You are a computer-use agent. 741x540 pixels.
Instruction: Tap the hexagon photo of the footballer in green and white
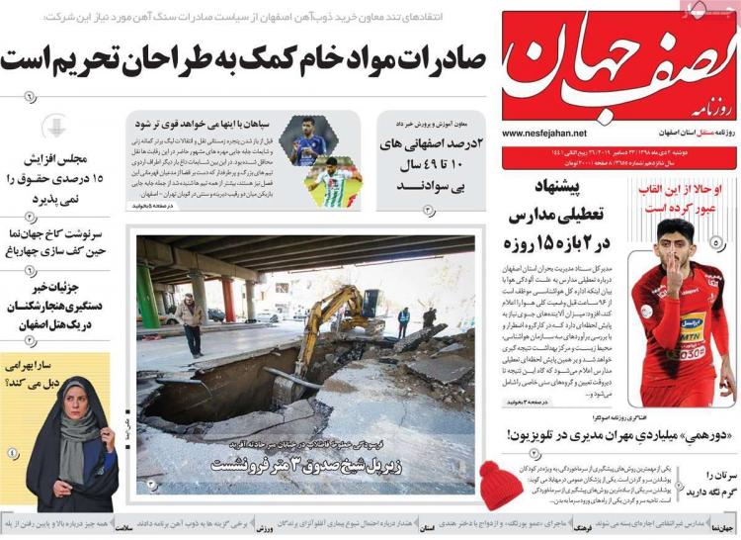330,182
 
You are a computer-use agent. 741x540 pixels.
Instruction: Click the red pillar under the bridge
228,298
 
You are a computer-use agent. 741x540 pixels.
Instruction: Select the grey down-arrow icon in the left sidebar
57,127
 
